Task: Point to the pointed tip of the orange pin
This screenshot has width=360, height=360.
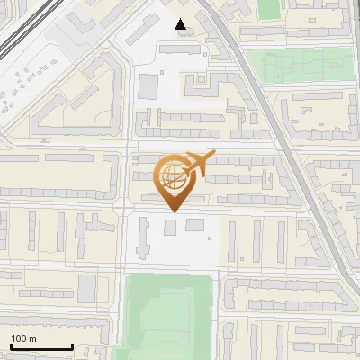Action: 173,211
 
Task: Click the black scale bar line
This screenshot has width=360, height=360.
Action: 40,346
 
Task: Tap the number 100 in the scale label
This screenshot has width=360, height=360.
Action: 19,338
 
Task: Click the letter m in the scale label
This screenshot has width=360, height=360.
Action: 33,338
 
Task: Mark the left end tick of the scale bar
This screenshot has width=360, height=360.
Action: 10,345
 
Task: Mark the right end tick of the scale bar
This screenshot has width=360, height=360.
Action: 72,345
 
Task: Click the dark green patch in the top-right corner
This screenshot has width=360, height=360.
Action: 269,9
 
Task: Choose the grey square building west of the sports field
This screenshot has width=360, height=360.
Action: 87,288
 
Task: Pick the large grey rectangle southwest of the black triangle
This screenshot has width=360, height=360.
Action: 148,86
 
